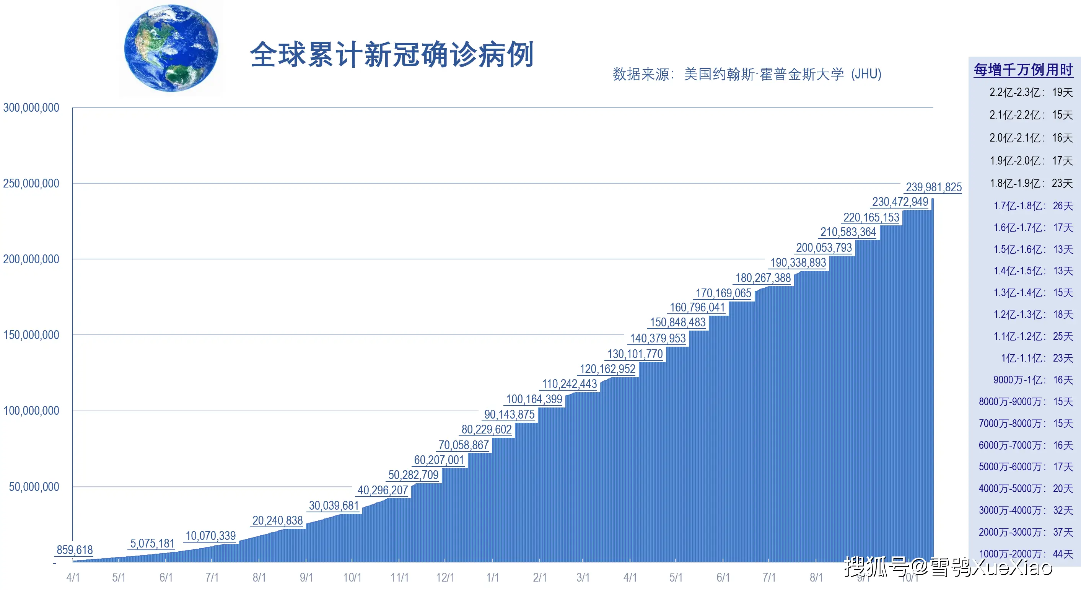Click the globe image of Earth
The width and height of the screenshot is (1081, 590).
171,48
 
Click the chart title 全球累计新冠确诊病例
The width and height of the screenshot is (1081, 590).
392,55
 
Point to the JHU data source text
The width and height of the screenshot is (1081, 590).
747,74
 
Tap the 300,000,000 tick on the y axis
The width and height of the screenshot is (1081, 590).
31,108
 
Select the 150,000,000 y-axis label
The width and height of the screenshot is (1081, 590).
31,335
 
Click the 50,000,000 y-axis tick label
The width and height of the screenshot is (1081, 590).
34,487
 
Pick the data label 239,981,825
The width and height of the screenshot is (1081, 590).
933,187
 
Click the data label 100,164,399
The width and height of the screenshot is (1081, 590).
534,399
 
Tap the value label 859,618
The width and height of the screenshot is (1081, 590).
75,550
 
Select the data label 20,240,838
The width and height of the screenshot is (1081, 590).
277,521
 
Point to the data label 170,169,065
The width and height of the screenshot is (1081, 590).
723,293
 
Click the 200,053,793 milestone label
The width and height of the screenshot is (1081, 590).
824,248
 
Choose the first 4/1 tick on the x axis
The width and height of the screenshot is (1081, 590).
73,577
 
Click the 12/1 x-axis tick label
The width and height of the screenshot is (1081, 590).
445,577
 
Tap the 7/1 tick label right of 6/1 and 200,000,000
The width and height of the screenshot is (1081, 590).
769,577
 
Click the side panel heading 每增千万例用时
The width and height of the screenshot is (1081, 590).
1023,70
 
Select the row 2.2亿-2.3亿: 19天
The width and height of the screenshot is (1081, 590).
1031,92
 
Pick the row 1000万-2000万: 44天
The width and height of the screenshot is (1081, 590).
1025,554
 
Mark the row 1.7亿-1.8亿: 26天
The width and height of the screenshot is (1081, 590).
1033,206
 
